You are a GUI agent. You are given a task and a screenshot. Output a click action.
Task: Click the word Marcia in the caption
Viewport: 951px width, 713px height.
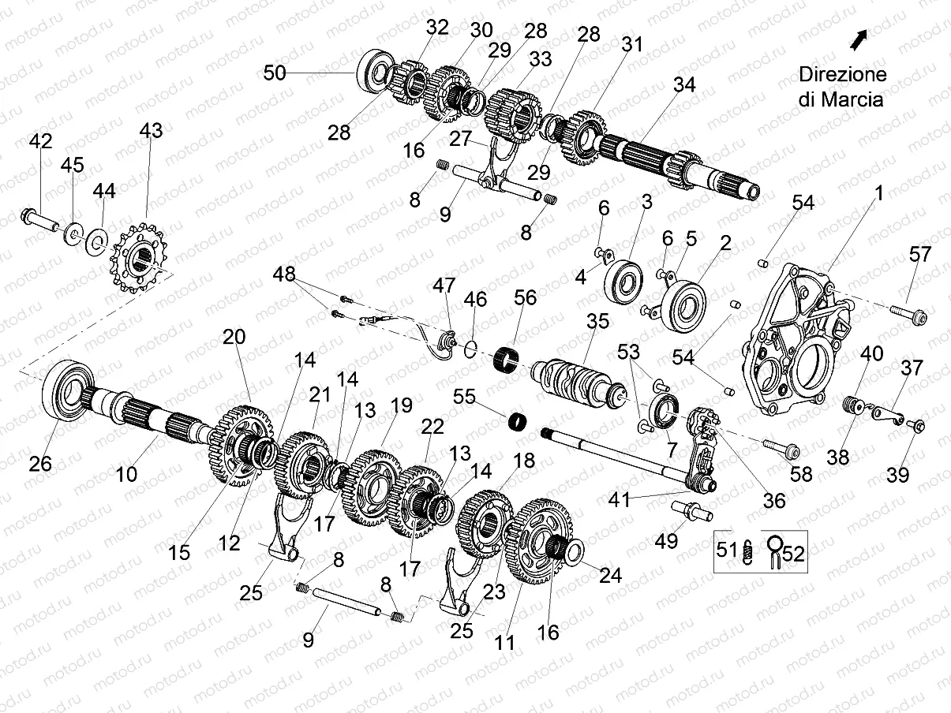[852, 100]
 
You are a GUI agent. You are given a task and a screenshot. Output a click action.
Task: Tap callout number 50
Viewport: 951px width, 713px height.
[275, 73]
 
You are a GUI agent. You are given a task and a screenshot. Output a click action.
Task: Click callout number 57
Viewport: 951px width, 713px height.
[919, 255]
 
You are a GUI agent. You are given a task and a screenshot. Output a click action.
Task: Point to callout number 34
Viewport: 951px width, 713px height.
[684, 84]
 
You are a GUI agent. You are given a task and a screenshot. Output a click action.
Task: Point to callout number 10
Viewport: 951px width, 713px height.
[126, 474]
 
